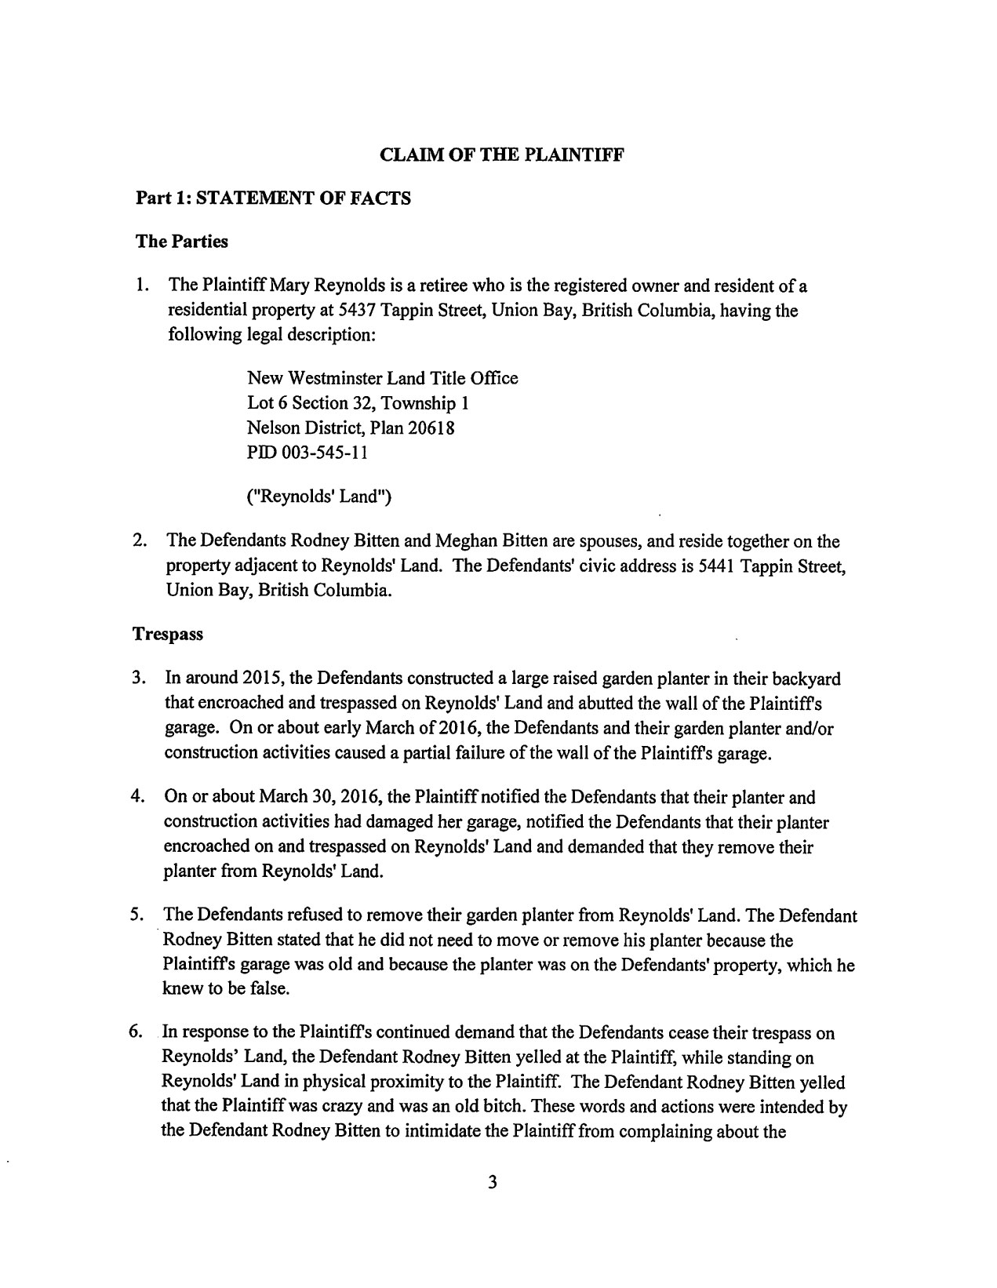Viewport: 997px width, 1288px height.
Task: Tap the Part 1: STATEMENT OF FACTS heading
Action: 273,198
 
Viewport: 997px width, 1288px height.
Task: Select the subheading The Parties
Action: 182,242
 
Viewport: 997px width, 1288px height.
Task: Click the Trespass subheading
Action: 169,634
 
